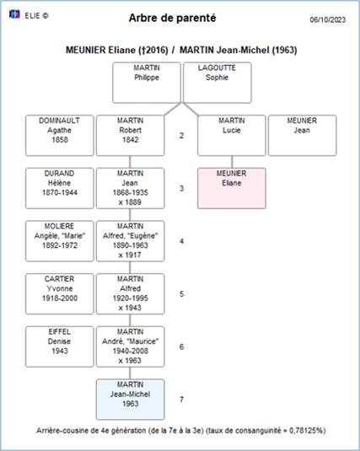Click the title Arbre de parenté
pos(172,18)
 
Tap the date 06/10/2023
pos(327,19)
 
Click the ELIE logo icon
pos(14,14)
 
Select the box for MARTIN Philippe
pos(147,83)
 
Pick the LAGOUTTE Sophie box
pos(218,83)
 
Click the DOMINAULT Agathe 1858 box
pos(60,136)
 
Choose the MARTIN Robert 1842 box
pos(131,136)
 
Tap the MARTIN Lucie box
pos(232,136)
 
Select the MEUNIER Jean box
pos(302,136)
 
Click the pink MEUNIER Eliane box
pos(232,188)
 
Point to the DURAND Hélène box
pos(60,188)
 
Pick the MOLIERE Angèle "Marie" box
pos(60,241)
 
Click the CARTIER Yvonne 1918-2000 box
pos(60,294)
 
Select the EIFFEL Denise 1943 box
pos(60,346)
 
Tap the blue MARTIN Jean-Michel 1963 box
pos(131,400)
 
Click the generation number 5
pos(181,294)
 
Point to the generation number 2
pos(181,136)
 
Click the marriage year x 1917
pos(130,255)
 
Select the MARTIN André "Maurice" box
pos(131,346)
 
